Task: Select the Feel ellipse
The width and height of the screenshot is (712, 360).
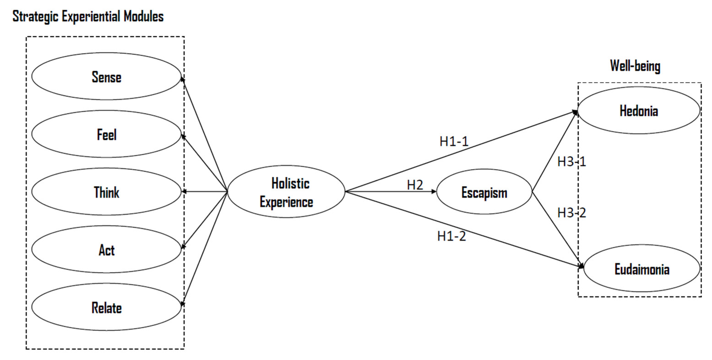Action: pos(106,134)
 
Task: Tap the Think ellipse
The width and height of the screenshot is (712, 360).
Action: pos(106,192)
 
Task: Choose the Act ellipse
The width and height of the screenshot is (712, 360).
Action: pos(106,250)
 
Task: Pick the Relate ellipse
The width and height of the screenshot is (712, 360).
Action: pos(106,307)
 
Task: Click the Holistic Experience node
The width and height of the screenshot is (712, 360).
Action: pos(286,192)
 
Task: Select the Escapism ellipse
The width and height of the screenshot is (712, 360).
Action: pos(484,192)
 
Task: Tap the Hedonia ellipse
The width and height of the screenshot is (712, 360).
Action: pos(639,111)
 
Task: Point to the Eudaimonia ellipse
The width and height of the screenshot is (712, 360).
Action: pos(642,268)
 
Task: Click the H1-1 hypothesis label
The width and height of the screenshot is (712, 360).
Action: pos(454,141)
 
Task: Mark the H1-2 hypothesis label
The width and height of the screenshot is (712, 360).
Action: pos(451,236)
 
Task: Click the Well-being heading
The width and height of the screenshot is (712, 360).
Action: pos(635,66)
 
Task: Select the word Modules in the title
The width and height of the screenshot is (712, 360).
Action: pos(144,16)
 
